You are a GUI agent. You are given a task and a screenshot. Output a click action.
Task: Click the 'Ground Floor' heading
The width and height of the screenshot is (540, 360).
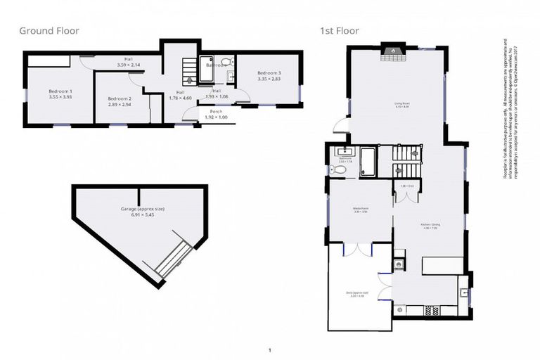tap(49, 31)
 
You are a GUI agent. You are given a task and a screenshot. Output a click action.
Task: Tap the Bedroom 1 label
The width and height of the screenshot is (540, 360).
tap(60, 92)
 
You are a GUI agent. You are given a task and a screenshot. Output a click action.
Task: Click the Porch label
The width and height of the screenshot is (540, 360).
tap(216, 111)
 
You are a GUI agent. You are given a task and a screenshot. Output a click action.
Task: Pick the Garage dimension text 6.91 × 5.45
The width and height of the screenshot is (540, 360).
tap(127, 214)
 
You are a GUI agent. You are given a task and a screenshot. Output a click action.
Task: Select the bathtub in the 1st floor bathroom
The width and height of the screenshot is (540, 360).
tap(368, 160)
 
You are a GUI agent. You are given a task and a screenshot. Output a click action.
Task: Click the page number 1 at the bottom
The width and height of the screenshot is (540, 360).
tap(270, 349)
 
